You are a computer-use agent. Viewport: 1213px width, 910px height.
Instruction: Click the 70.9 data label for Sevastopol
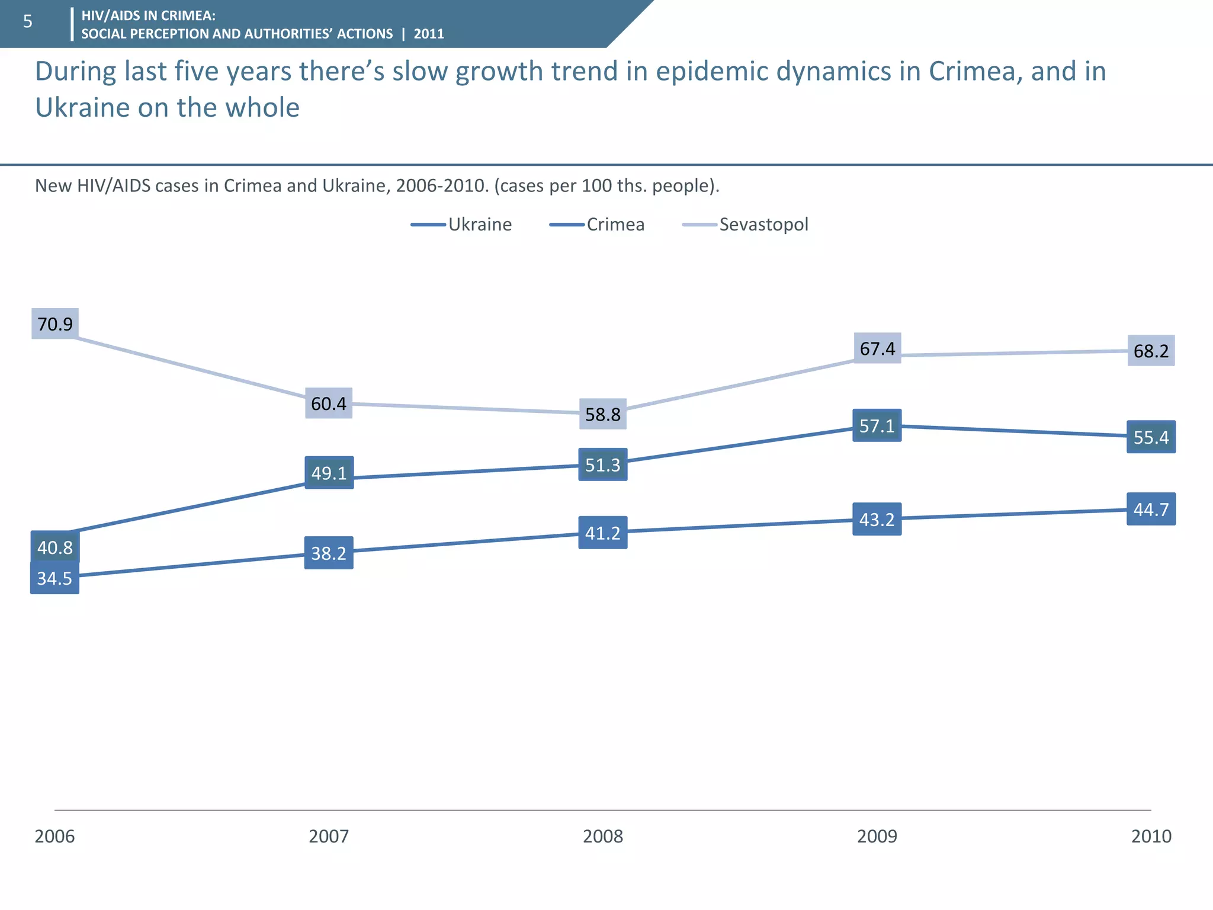[55, 324]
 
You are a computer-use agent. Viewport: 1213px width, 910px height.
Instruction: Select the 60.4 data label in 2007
[329, 403]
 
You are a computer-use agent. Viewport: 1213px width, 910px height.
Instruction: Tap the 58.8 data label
[603, 414]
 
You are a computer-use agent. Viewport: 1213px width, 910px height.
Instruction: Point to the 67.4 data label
[877, 348]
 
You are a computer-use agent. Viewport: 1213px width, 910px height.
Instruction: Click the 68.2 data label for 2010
[1151, 351]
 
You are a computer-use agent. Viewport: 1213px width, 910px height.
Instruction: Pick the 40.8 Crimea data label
[55, 547]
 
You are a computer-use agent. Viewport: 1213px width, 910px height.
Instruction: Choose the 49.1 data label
[329, 473]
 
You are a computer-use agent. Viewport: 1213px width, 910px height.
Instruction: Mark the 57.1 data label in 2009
[877, 425]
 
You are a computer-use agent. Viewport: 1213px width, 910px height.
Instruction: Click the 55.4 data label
[1151, 437]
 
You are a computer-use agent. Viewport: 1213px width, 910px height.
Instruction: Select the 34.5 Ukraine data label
[54, 578]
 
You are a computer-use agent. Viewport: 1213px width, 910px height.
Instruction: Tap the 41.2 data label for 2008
[603, 533]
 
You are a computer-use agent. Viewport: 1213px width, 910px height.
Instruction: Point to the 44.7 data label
[1151, 509]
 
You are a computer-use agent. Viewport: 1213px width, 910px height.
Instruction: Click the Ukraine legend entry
[461, 225]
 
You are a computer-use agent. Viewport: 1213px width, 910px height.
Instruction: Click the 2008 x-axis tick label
[603, 836]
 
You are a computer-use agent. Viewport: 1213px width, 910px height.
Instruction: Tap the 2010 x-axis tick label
[1151, 836]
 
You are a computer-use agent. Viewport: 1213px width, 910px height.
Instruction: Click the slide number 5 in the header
[27, 22]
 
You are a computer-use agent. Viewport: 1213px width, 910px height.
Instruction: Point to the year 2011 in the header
[429, 34]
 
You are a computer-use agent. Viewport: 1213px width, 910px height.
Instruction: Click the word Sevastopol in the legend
[763, 225]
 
